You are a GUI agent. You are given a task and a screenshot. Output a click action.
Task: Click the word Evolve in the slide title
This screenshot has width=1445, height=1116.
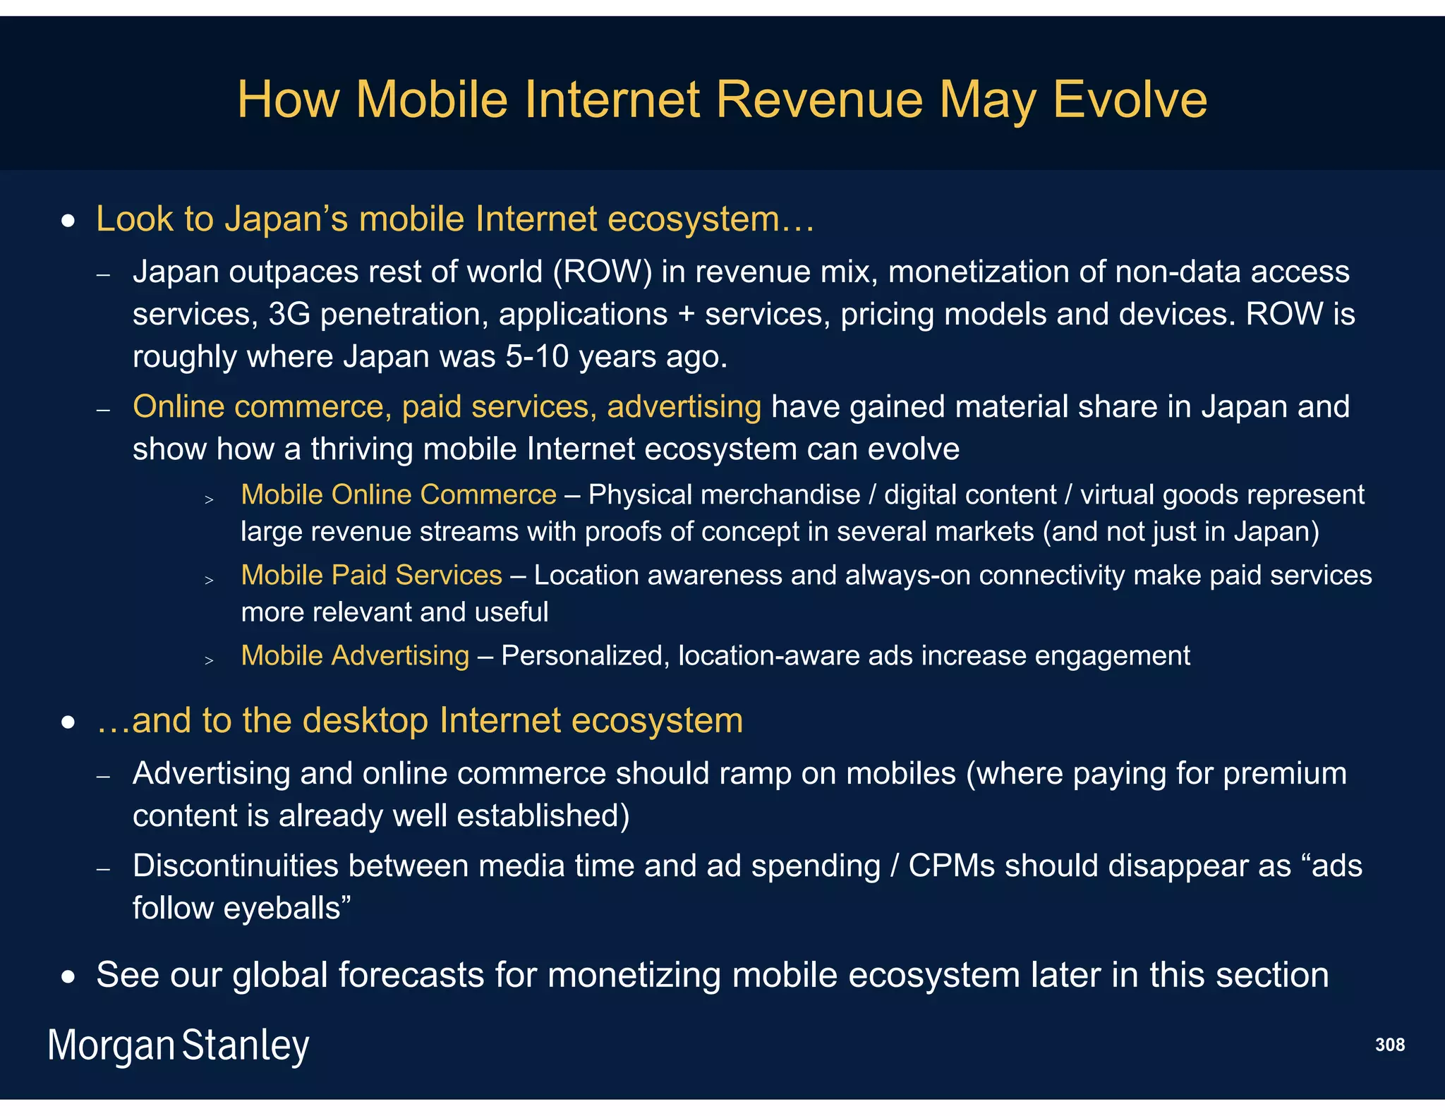[1130, 99]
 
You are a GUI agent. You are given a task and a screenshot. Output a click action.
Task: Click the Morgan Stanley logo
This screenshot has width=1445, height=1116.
[179, 1045]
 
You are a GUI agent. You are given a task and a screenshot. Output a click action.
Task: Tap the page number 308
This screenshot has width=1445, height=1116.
[1389, 1045]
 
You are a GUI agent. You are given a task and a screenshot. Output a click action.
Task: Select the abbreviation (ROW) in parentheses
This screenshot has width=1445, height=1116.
[603, 272]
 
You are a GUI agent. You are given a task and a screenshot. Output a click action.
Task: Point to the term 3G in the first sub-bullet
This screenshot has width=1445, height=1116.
[289, 315]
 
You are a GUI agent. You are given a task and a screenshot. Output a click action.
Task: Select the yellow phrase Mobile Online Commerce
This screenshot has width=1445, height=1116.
[399, 495]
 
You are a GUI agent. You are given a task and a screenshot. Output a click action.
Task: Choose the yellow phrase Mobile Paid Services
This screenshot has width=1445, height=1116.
[371, 576]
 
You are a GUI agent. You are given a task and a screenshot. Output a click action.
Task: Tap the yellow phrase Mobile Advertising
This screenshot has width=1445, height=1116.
[355, 656]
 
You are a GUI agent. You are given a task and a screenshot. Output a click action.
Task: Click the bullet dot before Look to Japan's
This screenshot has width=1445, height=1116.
[68, 222]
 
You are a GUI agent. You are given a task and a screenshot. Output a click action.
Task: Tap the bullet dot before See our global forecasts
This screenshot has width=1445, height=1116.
[68, 978]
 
